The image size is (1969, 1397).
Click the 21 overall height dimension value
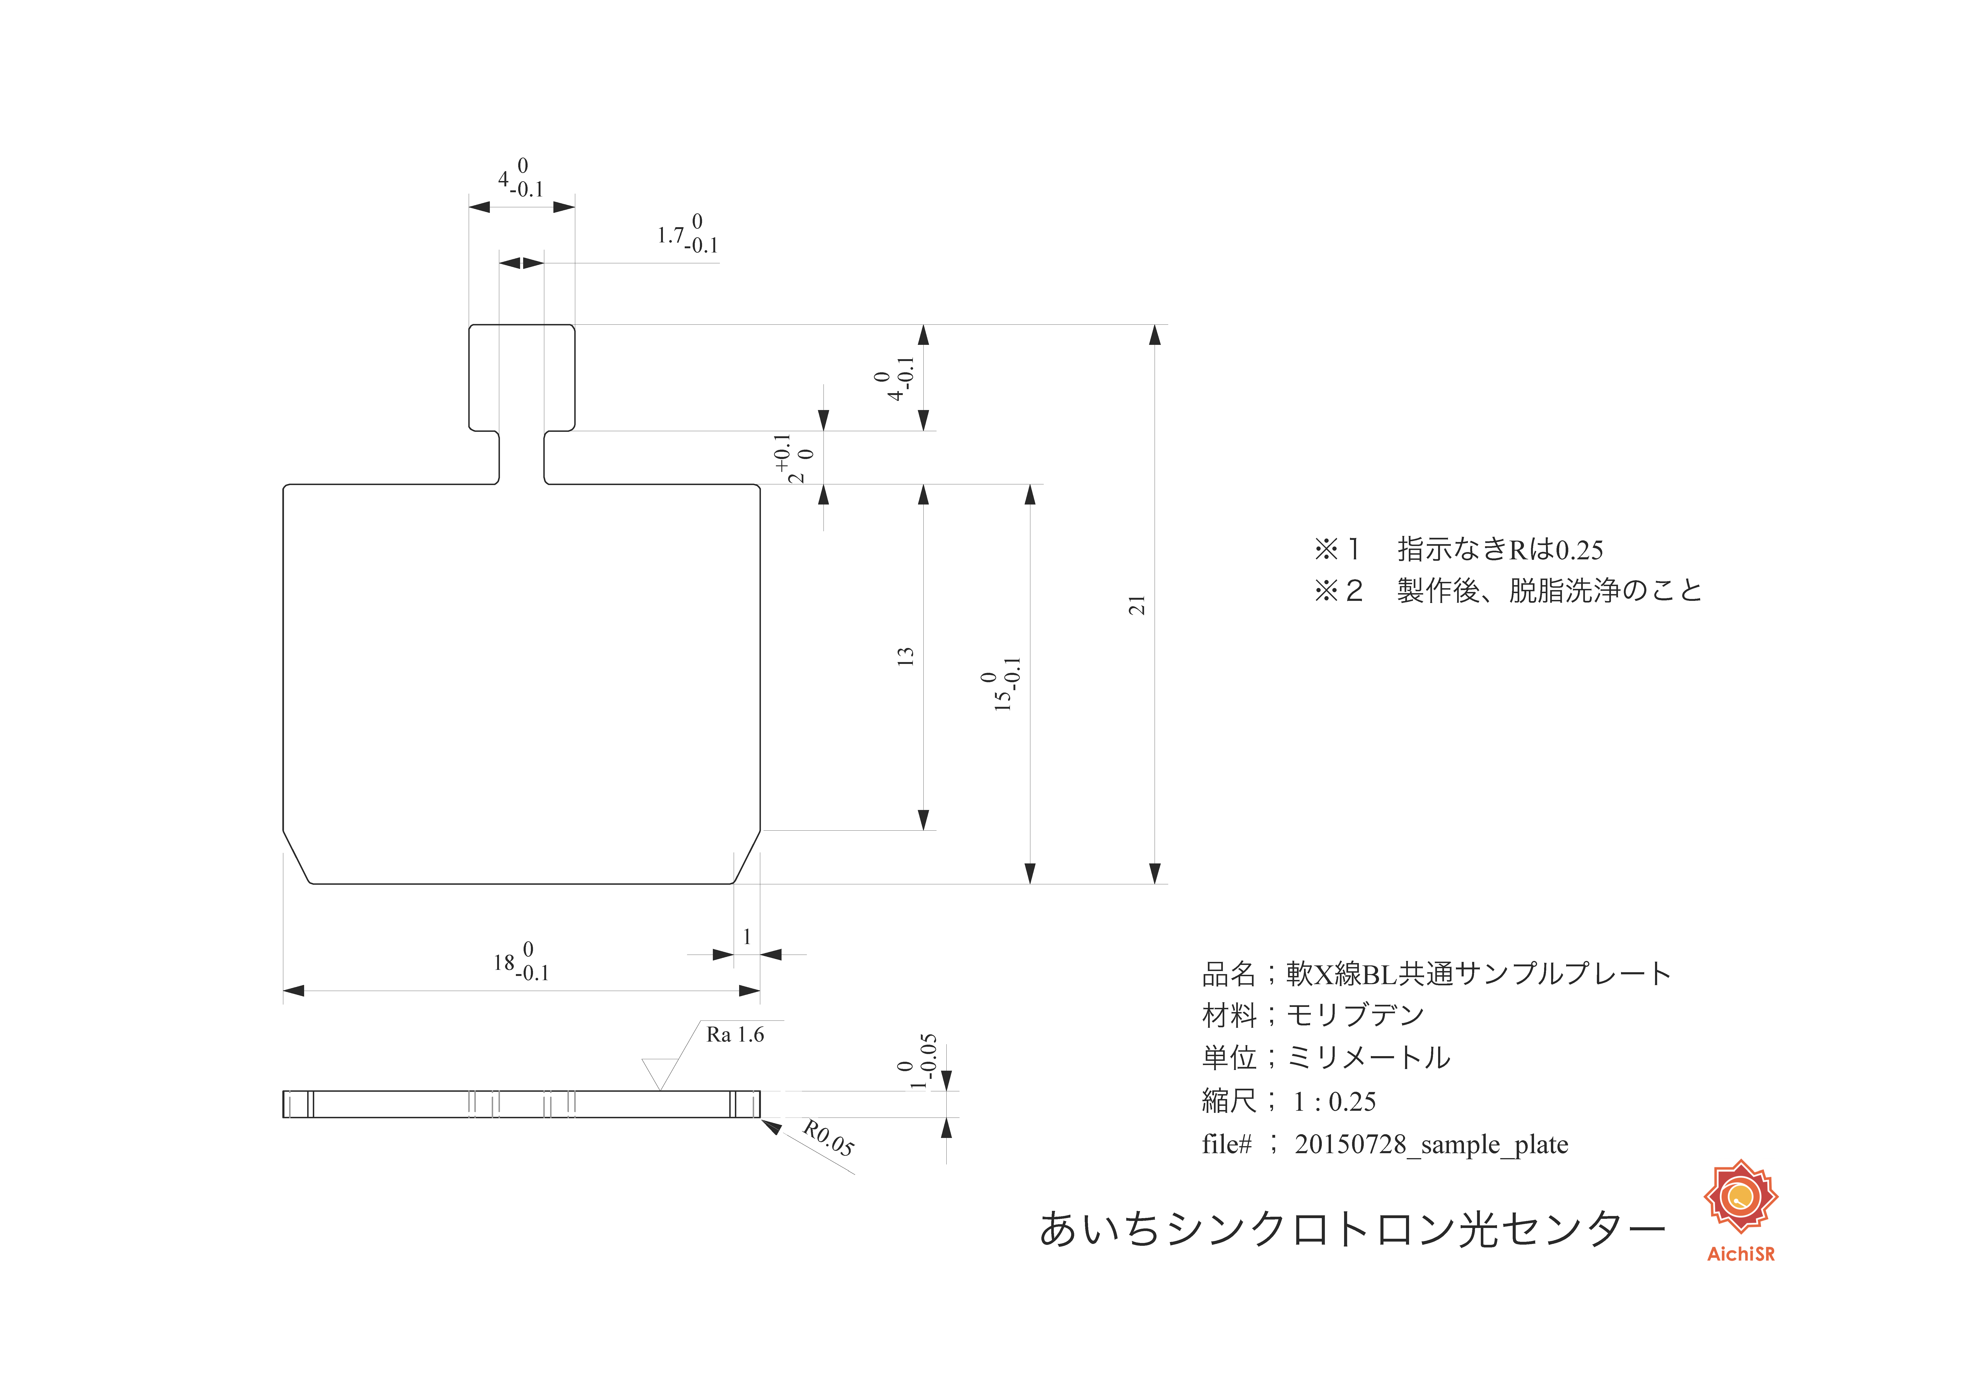[1137, 605]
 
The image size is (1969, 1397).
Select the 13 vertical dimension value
[905, 656]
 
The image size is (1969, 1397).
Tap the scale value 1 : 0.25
[1334, 1101]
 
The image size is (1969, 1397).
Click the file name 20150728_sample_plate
[1431, 1144]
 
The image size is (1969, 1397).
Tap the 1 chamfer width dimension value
[747, 936]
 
